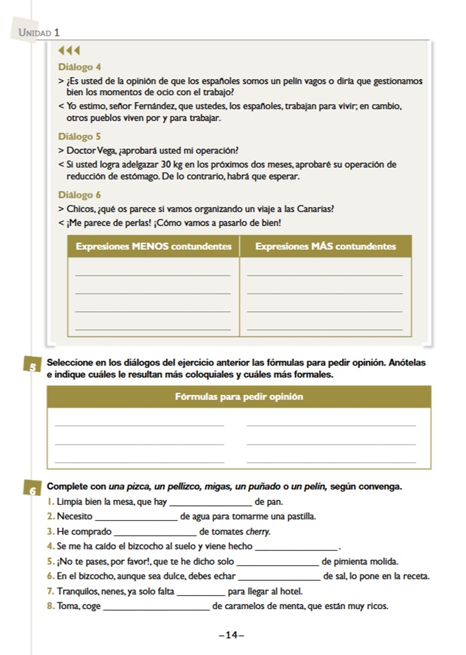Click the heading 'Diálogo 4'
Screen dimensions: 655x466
tap(80, 67)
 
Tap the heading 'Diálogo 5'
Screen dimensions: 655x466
tap(80, 136)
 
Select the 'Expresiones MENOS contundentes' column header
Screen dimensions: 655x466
tap(154, 247)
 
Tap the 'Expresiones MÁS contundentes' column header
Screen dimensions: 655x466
tap(325, 247)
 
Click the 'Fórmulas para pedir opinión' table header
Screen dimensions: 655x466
tap(239, 396)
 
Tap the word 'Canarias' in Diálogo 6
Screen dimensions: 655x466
tap(316, 209)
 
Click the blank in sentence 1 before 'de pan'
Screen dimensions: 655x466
tap(211, 501)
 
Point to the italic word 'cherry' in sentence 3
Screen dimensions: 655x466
tap(258, 531)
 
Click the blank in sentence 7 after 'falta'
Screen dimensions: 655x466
tap(202, 591)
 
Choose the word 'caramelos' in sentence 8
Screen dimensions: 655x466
tap(242, 606)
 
